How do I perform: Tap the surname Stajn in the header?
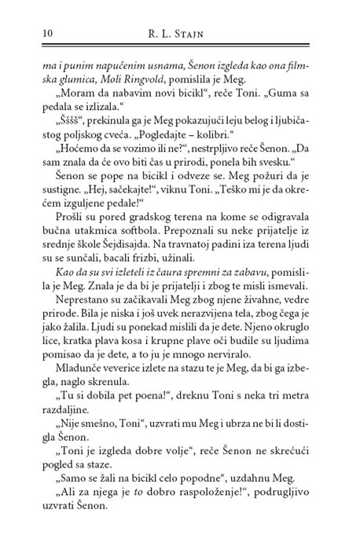coord(215,33)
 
